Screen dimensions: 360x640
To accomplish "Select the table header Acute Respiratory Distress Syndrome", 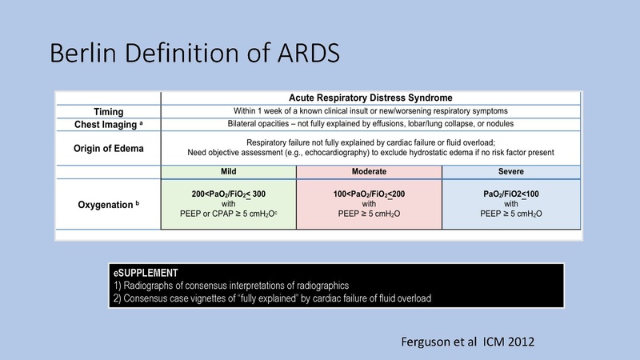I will [370, 98].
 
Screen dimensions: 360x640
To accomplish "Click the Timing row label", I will [108, 110].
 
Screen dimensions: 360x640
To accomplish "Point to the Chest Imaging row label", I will [108, 124].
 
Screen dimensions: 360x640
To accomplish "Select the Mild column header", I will [229, 171].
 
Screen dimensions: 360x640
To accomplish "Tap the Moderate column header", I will [370, 171].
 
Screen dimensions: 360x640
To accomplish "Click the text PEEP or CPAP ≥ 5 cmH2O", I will [229, 215].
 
